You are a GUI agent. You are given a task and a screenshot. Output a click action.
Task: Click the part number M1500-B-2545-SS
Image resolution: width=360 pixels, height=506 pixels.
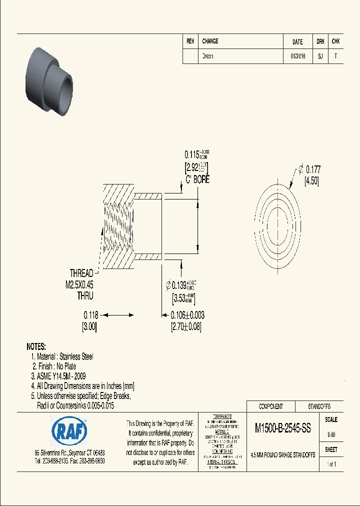283,428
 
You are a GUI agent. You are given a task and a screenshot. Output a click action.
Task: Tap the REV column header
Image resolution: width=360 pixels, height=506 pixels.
190,41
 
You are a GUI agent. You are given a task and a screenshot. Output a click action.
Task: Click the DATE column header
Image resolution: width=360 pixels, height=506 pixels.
297,42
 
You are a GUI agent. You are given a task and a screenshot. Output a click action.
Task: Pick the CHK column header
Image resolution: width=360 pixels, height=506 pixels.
335,42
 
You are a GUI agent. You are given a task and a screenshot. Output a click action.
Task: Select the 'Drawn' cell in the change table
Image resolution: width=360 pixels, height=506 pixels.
207,56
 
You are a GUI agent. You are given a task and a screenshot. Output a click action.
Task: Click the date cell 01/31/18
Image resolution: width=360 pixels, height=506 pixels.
297,56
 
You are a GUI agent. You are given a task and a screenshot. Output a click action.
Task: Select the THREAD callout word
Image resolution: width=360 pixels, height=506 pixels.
81,273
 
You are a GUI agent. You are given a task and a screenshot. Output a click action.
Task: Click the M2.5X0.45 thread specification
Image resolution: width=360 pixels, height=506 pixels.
76,284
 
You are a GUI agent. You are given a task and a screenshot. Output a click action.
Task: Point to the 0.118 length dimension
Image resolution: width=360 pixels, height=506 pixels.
90,315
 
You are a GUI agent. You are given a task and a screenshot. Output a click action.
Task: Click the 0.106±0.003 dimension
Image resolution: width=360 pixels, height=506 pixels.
187,315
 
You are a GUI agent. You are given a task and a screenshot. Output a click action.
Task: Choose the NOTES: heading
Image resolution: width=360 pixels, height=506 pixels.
36,346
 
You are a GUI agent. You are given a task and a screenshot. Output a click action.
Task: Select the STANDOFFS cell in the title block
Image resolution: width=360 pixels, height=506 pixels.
318,406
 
